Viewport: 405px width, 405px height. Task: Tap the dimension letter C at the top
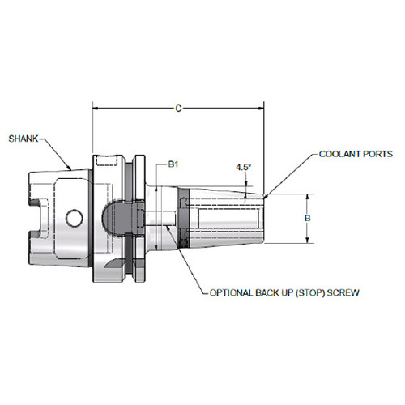click(177, 105)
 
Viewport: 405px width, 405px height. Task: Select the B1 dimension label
click(173, 164)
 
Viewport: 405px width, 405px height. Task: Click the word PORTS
click(378, 153)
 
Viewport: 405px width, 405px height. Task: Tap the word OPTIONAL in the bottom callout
click(234, 292)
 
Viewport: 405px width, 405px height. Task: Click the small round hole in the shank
click(74, 217)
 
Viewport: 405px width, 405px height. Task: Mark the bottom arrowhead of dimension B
click(307, 241)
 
